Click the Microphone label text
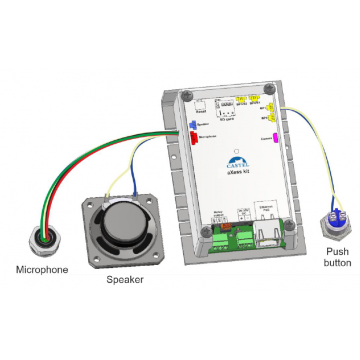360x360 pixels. [x=41, y=271]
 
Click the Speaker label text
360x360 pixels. [x=125, y=279]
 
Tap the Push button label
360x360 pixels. [x=338, y=257]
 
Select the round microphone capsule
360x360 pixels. [x=40, y=242]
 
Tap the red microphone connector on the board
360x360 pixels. [x=191, y=138]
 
